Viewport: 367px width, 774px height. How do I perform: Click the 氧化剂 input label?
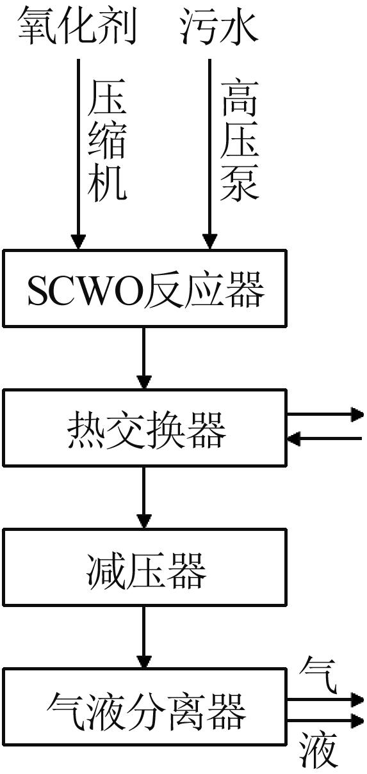click(77, 27)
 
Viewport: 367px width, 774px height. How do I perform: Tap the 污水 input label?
click(219, 27)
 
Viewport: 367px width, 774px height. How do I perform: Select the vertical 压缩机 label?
click(107, 140)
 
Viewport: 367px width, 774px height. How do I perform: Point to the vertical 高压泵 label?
click(240, 140)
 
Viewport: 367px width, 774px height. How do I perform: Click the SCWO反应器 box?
click(145, 288)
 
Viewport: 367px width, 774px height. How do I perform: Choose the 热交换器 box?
click(145, 428)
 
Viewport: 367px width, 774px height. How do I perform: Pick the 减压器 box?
click(145, 567)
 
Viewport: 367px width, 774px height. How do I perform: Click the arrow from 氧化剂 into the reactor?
click(79, 154)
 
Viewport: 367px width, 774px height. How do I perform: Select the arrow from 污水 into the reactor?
click(209, 154)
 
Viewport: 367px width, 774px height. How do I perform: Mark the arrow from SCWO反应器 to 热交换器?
click(144, 358)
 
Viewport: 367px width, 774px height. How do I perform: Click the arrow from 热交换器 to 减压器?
click(144, 498)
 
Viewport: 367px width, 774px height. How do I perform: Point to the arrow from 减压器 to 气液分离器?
click(144, 637)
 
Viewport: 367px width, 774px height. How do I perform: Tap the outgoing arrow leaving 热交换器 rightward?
click(325, 415)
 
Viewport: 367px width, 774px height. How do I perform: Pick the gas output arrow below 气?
click(325, 700)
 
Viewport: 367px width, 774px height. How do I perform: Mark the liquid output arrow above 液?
click(325, 720)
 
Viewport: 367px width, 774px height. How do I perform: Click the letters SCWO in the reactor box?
click(85, 289)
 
